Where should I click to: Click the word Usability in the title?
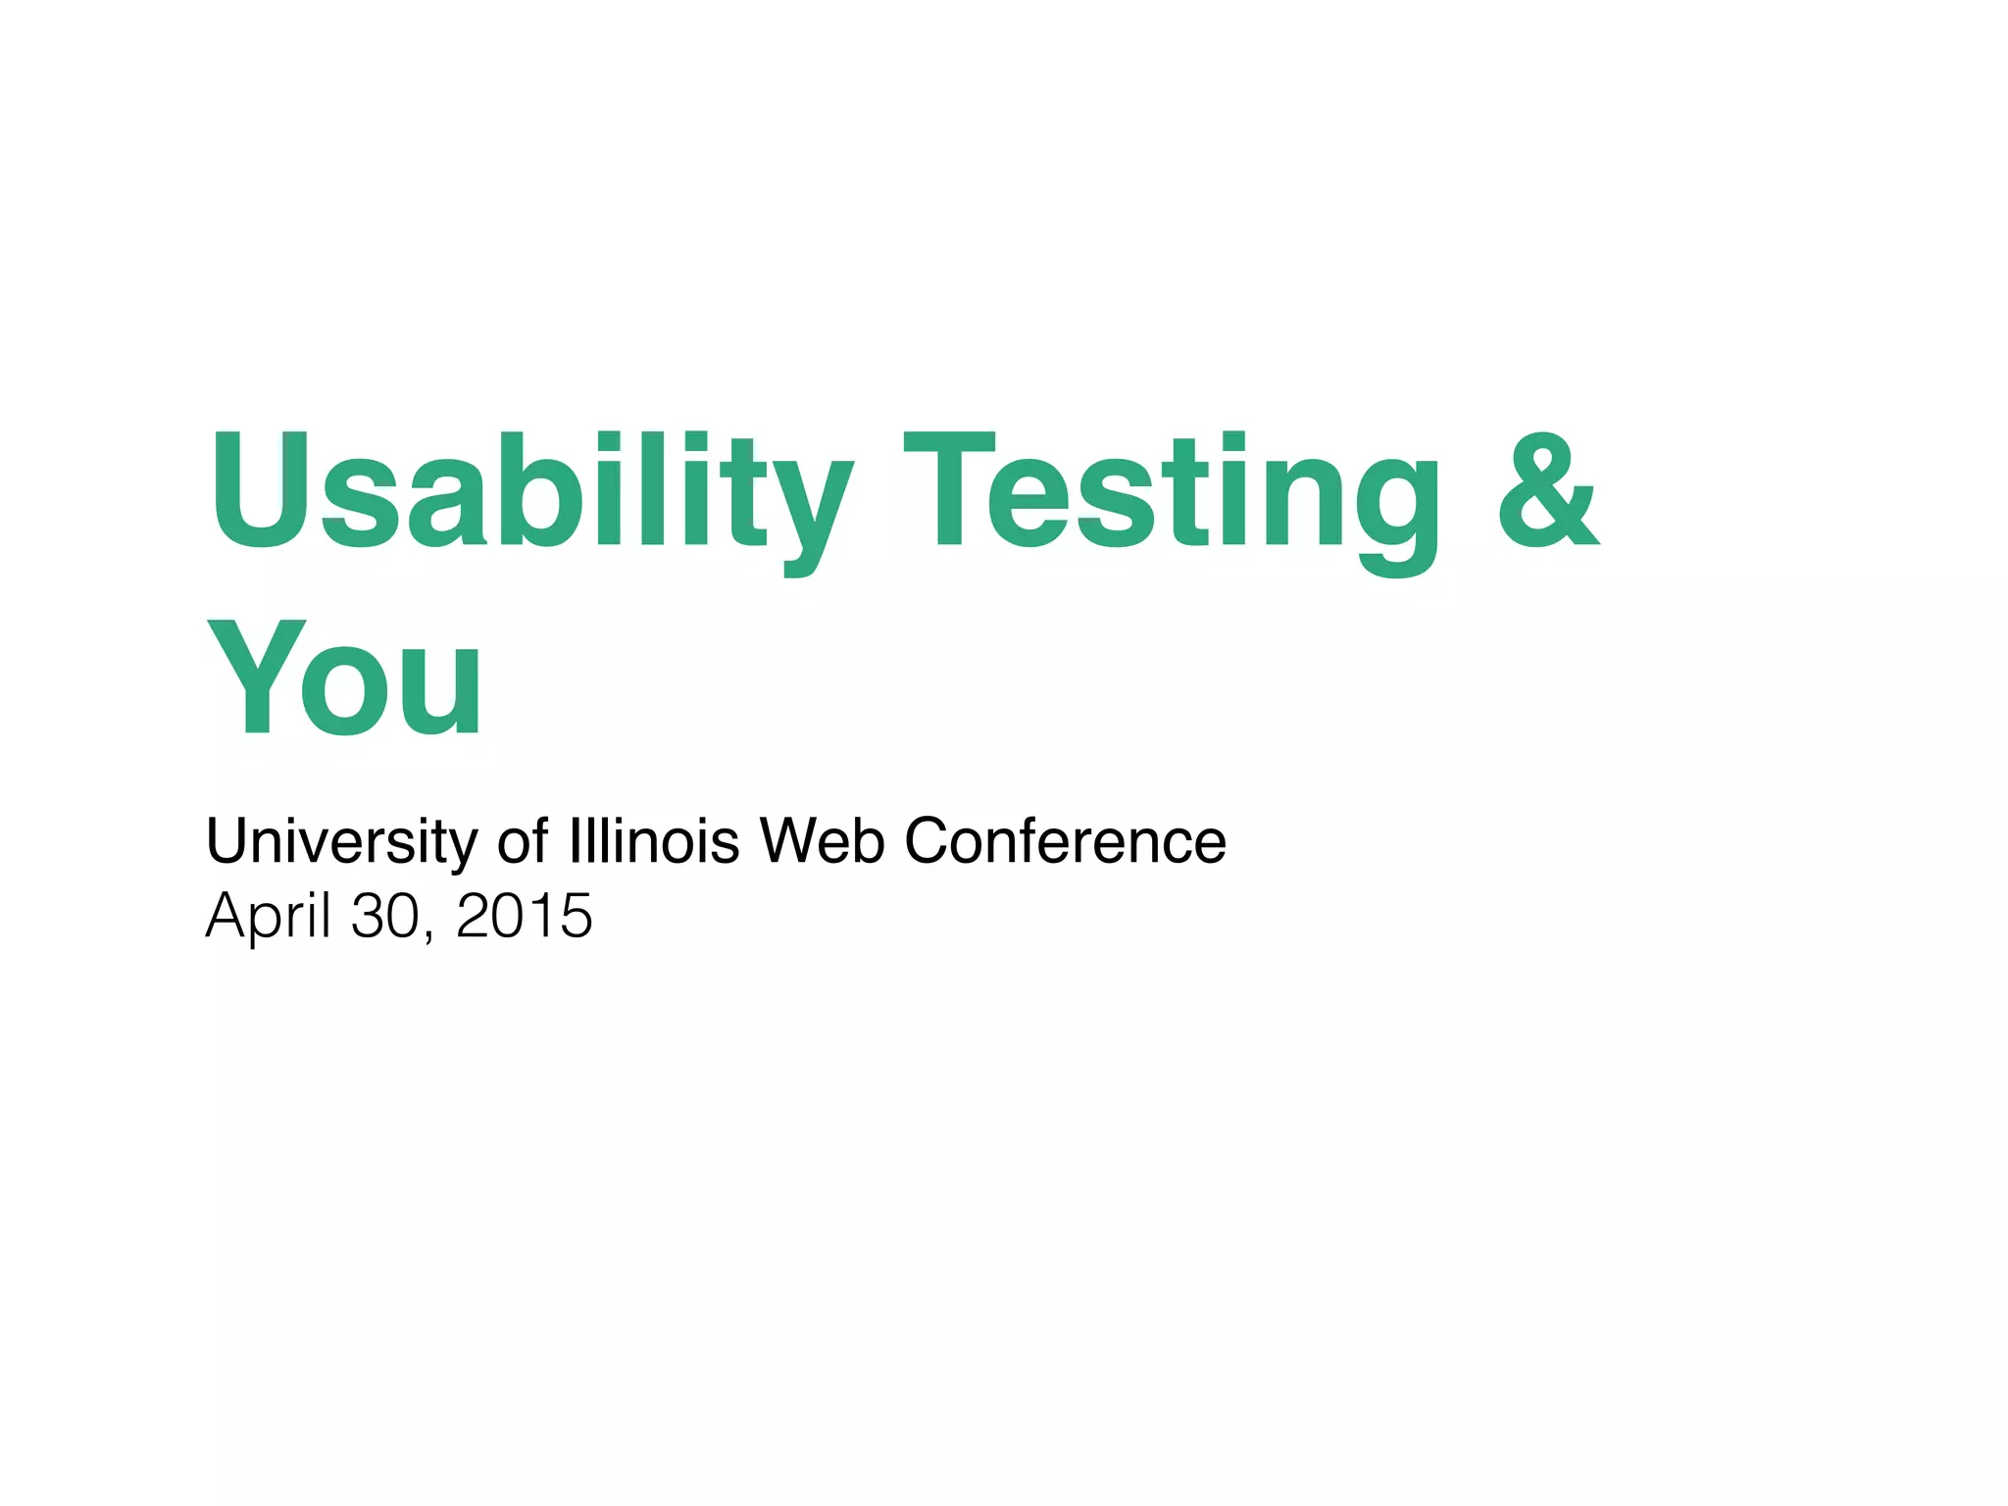[x=530, y=490]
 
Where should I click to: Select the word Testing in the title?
[x=1171, y=490]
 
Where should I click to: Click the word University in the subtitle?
[x=341, y=841]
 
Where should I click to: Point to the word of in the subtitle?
[x=523, y=841]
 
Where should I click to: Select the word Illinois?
[x=654, y=841]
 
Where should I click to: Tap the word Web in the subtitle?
[x=822, y=841]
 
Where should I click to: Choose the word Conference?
[x=1065, y=841]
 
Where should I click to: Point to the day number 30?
[x=385, y=916]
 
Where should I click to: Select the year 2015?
[x=524, y=916]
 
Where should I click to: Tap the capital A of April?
[x=228, y=916]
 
